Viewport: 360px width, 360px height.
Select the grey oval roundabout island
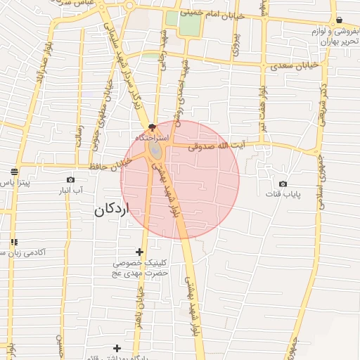click(x=155, y=152)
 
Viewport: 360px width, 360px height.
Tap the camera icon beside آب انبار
click(x=70, y=179)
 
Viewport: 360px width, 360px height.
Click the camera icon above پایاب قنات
click(x=283, y=184)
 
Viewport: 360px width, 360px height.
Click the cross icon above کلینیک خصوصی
click(x=139, y=252)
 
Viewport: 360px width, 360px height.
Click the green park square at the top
click(x=189, y=25)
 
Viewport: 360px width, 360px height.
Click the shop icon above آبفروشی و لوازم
click(x=340, y=20)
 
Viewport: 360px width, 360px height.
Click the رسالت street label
click(x=79, y=134)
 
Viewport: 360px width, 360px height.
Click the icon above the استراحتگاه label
click(x=153, y=127)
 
